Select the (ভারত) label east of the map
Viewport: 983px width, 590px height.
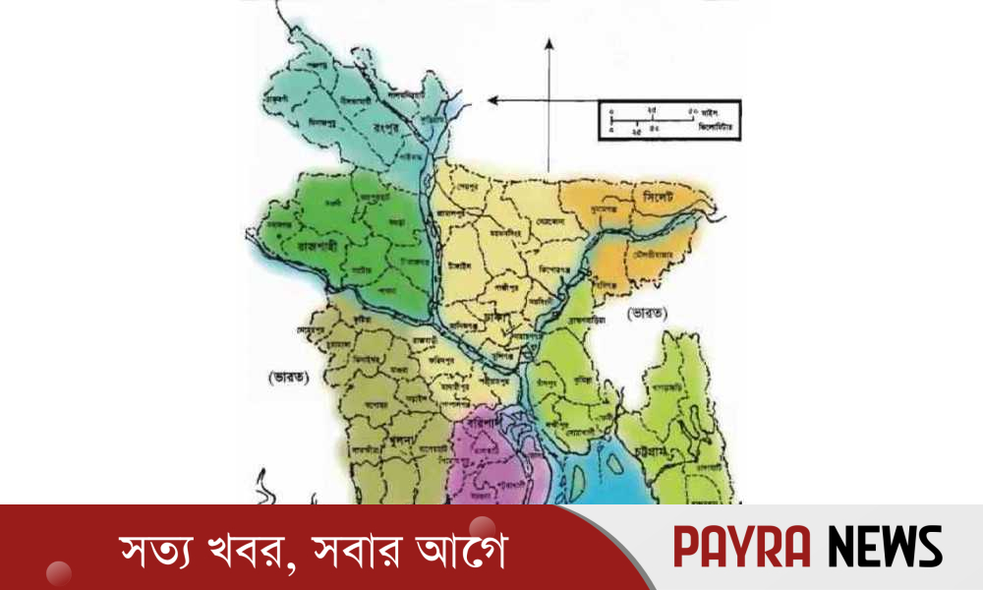click(646, 313)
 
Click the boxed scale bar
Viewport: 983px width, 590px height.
click(668, 119)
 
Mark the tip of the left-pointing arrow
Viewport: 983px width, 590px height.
click(491, 99)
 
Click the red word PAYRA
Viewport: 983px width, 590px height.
click(743, 547)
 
